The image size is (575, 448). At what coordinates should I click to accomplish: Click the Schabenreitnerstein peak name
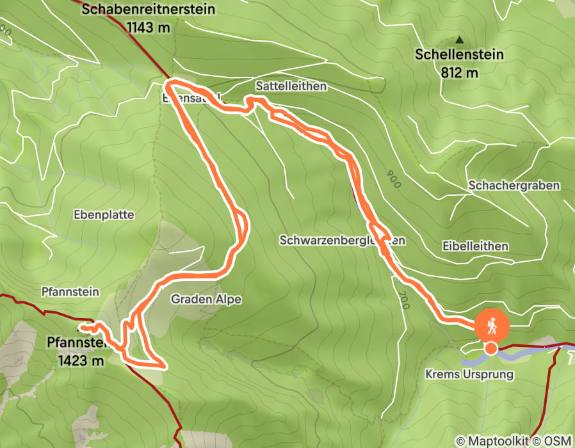[149, 10]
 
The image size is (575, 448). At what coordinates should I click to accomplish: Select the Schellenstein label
[459, 55]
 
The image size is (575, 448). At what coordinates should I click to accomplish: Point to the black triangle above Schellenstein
[458, 40]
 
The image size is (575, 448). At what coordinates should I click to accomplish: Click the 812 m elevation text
[459, 72]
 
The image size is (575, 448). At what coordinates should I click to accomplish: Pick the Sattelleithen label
[291, 86]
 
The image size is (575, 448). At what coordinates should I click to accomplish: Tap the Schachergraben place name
[514, 186]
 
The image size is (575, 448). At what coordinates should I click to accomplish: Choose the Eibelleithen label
[475, 246]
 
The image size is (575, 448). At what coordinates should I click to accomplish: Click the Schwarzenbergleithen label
[343, 241]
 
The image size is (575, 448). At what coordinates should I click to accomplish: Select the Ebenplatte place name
[104, 215]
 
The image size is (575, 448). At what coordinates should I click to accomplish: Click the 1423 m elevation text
[81, 361]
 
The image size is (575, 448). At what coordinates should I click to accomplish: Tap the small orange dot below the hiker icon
[490, 349]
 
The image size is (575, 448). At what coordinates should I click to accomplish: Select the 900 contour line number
[393, 179]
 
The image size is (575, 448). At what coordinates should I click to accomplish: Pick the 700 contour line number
[404, 301]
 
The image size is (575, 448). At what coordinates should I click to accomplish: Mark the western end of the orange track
[81, 327]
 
